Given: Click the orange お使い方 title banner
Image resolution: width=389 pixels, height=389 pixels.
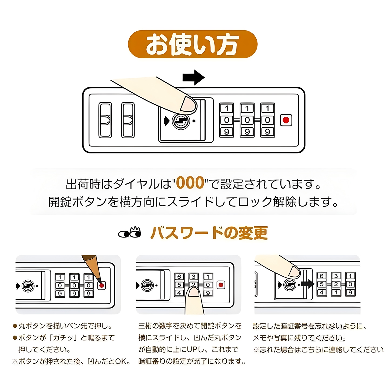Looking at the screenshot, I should point(192,44).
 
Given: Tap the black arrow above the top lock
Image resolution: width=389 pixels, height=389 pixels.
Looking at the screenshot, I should point(193,78).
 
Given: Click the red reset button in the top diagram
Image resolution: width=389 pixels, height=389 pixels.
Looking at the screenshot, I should point(286,120).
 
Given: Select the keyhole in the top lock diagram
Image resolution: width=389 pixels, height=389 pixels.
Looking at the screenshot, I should point(181,121).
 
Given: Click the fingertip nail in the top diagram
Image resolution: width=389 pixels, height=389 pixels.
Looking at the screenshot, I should point(188,104).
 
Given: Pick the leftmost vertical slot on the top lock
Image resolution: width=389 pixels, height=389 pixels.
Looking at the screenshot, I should point(105,120).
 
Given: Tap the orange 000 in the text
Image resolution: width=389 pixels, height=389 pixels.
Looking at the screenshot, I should point(190,183).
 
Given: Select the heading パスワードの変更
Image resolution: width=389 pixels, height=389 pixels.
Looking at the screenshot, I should point(209,233).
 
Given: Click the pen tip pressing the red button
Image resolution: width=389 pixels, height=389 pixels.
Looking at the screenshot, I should point(100,284).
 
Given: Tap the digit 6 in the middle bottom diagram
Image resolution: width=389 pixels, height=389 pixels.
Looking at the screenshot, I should point(179,277).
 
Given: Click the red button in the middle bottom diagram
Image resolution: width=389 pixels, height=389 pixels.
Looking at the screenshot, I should point(221,285).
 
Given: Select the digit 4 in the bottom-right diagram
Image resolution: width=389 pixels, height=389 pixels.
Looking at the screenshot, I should point(321,292).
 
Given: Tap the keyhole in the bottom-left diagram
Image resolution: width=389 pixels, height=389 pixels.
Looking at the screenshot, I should point(28,286).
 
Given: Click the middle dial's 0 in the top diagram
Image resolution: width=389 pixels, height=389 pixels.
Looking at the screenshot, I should point(247,120).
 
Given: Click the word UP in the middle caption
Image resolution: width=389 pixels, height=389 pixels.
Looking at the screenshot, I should point(192,350).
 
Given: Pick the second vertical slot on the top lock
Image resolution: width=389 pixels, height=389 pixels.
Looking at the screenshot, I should point(128,120).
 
